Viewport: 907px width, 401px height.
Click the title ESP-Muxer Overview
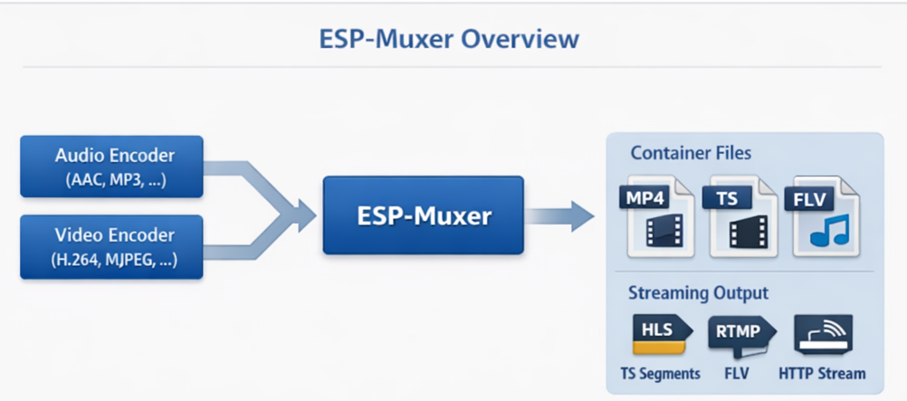tap(449, 40)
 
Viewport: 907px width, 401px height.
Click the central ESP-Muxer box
tap(423, 215)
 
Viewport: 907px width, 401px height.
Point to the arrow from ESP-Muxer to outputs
tap(561, 216)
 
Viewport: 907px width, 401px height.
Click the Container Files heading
tap(691, 154)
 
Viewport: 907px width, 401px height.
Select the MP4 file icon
tap(658, 216)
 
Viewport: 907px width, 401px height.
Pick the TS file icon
tap(743, 216)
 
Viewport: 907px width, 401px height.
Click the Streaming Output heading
tap(698, 293)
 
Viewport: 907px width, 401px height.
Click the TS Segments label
tap(660, 373)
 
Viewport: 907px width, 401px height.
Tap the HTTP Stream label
tap(822, 373)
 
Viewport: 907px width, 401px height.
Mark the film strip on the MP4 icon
tap(662, 233)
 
